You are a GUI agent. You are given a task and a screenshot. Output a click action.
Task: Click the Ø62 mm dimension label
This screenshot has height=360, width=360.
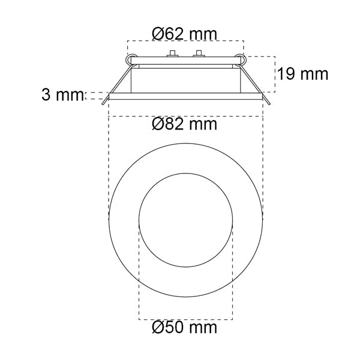pyautogui.click(x=184, y=34)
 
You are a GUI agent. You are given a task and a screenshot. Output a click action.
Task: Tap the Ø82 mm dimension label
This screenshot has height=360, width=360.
pyautogui.click(x=184, y=124)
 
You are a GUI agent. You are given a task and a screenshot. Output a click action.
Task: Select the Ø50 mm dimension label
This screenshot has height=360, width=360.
pyautogui.click(x=184, y=327)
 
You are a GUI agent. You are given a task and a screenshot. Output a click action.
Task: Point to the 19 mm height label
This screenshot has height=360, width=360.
pyautogui.click(x=303, y=74)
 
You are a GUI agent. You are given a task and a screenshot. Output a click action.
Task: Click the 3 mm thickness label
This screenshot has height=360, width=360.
pyautogui.click(x=62, y=95)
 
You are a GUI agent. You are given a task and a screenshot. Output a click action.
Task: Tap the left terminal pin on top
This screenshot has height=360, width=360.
pyautogui.click(x=172, y=53)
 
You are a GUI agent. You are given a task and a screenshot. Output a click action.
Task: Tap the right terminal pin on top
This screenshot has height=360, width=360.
pyautogui.click(x=199, y=53)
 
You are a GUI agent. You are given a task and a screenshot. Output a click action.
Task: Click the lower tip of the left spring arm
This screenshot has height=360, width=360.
pyautogui.click(x=103, y=104)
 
